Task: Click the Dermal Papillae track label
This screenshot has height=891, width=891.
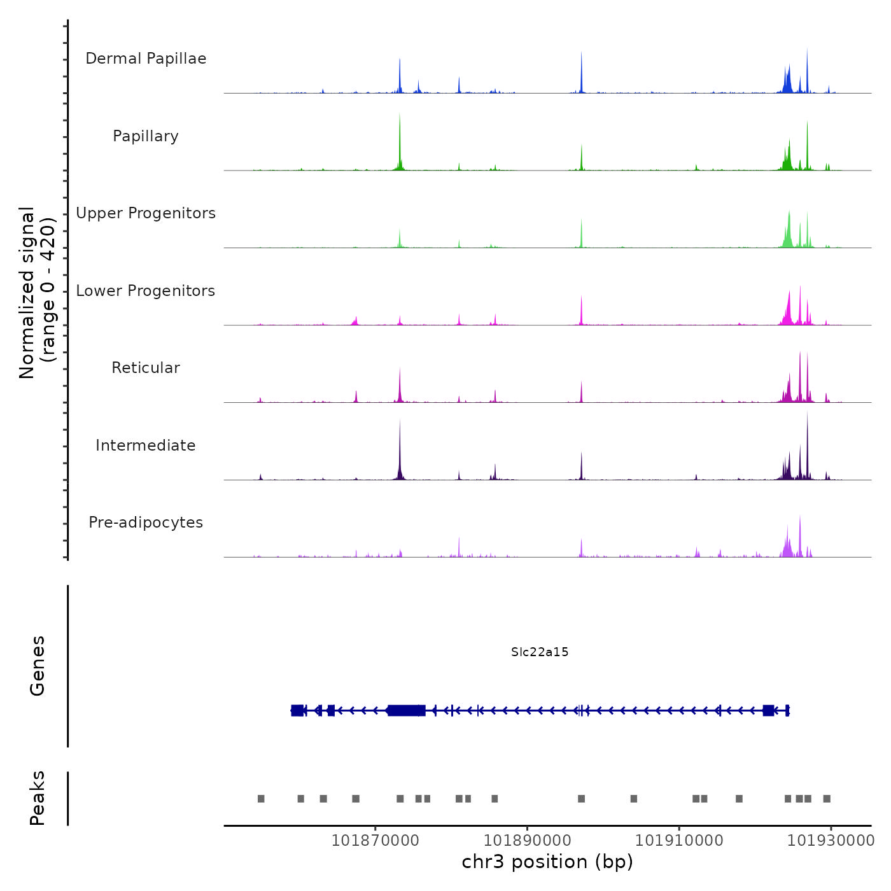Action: click(x=146, y=59)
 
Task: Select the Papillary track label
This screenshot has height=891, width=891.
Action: click(x=146, y=136)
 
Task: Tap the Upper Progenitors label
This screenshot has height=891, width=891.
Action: click(x=146, y=213)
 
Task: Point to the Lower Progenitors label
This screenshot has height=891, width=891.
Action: click(x=146, y=291)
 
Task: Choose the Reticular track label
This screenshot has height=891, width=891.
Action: click(x=146, y=368)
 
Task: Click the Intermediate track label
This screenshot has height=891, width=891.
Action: click(x=146, y=445)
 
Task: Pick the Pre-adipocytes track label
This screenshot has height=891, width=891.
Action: click(x=146, y=523)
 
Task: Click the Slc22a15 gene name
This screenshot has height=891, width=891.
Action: click(x=540, y=652)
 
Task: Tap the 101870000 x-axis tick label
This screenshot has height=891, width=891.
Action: click(x=375, y=840)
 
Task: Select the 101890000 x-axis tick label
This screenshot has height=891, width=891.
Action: click(x=528, y=840)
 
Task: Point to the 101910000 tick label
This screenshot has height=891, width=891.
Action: click(x=679, y=840)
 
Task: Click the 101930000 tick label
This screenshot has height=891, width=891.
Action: click(x=831, y=840)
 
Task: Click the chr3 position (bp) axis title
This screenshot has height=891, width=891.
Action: click(x=547, y=862)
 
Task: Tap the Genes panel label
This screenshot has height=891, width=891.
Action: click(x=38, y=666)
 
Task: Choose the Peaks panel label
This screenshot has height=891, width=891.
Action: click(x=38, y=798)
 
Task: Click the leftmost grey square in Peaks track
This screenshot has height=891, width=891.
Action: click(x=261, y=799)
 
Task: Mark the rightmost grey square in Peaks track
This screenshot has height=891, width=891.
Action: click(x=827, y=799)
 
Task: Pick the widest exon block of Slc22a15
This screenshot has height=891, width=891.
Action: click(x=406, y=710)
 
